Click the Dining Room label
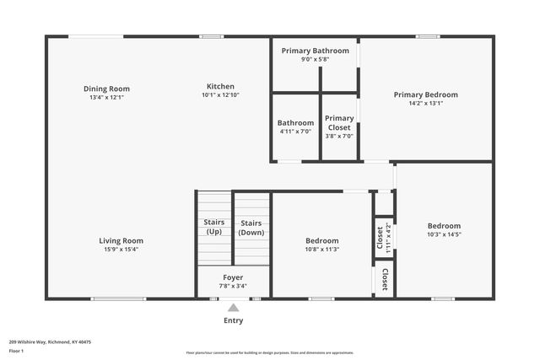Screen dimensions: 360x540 106,89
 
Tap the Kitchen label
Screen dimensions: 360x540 220,86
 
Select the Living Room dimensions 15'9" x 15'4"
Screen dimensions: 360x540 121,250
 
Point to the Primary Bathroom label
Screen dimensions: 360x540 315,51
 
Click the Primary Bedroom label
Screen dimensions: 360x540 425,94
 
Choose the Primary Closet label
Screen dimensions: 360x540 339,123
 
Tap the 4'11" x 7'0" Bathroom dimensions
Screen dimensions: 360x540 295,132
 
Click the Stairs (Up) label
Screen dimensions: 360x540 214,227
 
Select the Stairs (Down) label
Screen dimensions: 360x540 251,227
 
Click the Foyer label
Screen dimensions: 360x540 233,277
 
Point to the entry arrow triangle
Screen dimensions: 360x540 234,308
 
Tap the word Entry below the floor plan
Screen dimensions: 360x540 233,320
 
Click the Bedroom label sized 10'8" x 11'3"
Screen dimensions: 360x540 321,240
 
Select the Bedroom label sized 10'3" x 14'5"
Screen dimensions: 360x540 444,225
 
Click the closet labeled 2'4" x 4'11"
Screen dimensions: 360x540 384,238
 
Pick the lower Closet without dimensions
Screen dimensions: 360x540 385,279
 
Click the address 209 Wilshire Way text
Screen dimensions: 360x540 50,342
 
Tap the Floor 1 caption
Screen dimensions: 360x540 16,351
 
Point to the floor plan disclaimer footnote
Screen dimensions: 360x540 269,352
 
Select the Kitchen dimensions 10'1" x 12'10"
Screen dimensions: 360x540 220,95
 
